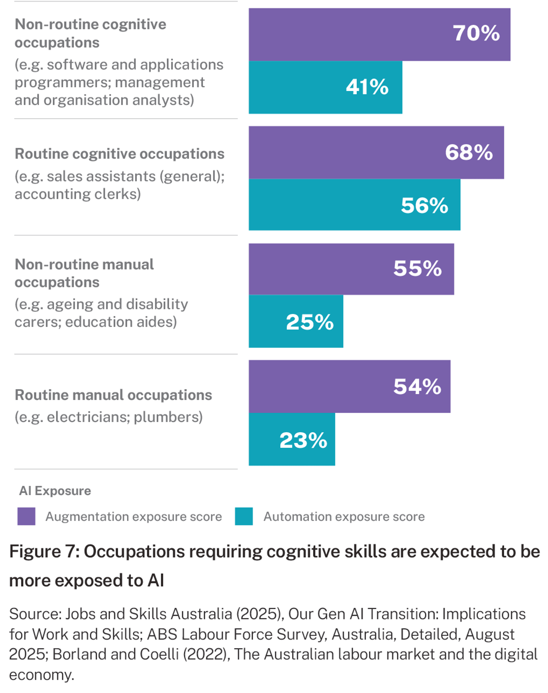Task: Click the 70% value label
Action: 476,34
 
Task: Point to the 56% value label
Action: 424,206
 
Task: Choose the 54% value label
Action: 417,387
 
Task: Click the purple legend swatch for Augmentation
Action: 26,516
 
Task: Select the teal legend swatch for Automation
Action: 244,516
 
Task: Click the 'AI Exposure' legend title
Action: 55,491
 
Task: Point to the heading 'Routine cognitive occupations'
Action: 120,154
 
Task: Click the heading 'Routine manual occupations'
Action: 113,395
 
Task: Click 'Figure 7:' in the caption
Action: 44,551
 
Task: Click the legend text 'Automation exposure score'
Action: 344,517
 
